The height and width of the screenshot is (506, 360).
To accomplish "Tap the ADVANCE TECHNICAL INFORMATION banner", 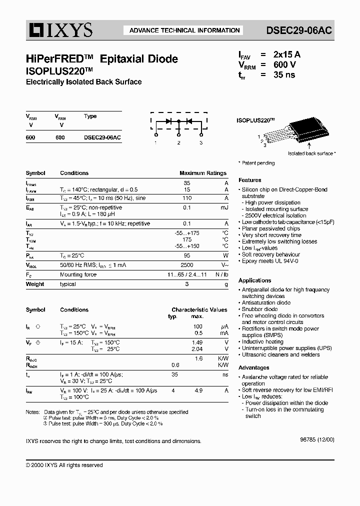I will (x=184, y=30).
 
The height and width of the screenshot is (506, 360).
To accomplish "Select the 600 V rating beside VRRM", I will (x=284, y=64).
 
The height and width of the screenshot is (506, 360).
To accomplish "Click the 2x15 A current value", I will (x=286, y=54).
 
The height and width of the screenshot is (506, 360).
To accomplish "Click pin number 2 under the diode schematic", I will (x=178, y=143).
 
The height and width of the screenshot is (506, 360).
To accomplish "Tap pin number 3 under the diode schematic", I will (x=201, y=143).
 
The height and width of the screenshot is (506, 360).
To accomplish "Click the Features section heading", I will (x=250, y=180).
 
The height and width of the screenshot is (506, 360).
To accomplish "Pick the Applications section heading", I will (x=255, y=280).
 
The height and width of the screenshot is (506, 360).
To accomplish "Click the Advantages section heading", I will (x=253, y=367).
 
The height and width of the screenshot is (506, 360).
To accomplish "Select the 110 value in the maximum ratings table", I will (x=187, y=198).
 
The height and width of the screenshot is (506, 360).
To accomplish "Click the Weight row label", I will (x=35, y=284).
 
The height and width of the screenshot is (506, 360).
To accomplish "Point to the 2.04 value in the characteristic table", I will (x=197, y=348).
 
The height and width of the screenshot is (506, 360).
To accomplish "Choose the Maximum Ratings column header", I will (x=202, y=173).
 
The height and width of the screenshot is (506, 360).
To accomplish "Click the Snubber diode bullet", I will (x=260, y=309).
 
